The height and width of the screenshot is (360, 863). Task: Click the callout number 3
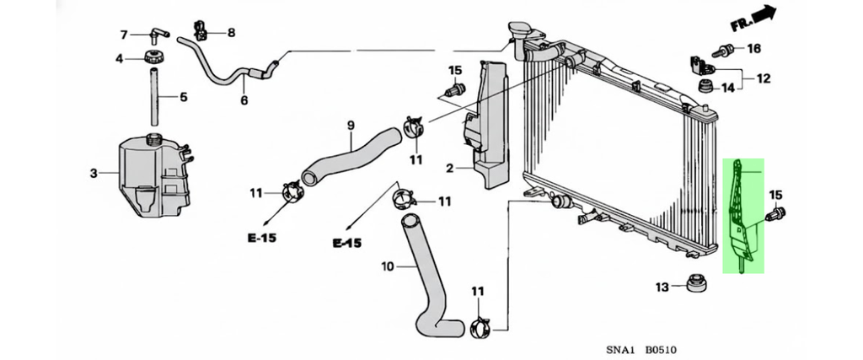tap(93, 174)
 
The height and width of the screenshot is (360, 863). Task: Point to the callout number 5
tap(183, 97)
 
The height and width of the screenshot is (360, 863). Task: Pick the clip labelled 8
tap(203, 29)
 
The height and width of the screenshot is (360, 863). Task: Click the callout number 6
tap(244, 101)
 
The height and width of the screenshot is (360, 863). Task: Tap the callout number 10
tap(388, 267)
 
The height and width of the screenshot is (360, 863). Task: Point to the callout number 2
tap(449, 169)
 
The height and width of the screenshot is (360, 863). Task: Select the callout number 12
tap(763, 79)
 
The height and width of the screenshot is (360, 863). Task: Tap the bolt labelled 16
tap(721, 49)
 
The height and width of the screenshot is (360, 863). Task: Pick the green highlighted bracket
tap(742, 215)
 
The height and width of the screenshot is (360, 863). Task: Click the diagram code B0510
tap(662, 349)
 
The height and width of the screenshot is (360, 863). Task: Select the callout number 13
tap(662, 287)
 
